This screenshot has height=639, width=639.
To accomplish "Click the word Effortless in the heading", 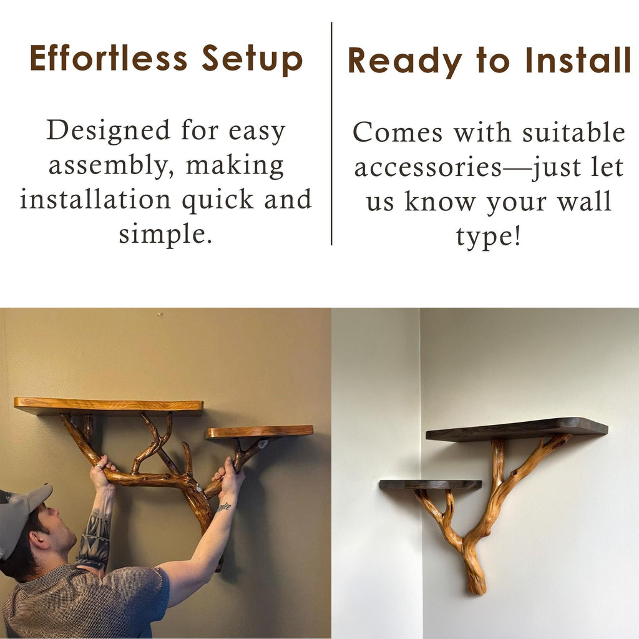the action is click(x=109, y=58).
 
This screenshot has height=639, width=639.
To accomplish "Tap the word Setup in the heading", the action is click(x=252, y=59).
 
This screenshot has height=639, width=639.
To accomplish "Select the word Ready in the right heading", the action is click(x=405, y=61).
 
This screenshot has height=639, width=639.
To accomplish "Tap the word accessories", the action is click(x=428, y=167).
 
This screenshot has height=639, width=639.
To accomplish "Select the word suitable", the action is click(x=574, y=132).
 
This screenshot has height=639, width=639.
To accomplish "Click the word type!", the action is click(x=488, y=237).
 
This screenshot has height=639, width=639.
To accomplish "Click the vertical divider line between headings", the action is click(x=331, y=134).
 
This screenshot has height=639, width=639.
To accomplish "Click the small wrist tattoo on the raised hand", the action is click(x=225, y=507).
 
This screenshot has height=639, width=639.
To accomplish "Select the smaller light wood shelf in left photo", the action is click(x=259, y=432).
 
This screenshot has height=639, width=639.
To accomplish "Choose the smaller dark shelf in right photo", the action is click(x=431, y=484).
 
